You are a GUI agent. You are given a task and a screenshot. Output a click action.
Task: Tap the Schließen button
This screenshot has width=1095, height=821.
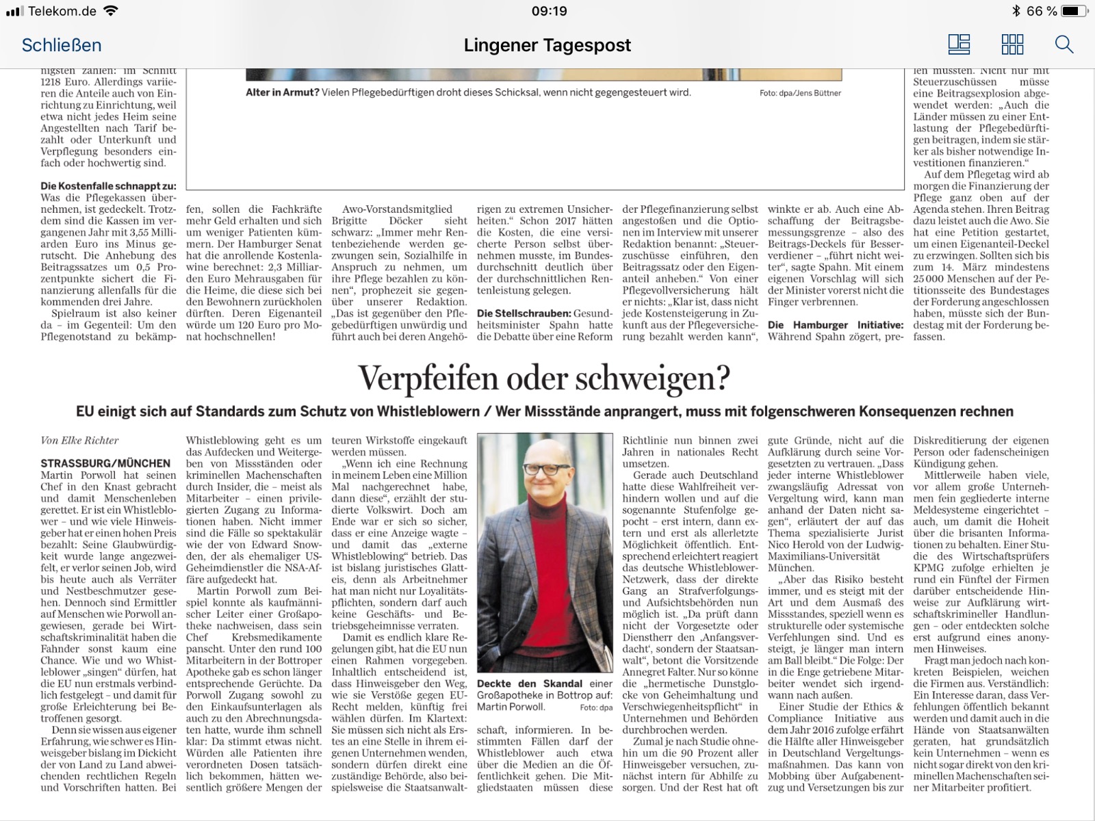[62, 45]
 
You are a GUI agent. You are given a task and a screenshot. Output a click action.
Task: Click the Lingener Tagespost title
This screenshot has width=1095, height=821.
[547, 45]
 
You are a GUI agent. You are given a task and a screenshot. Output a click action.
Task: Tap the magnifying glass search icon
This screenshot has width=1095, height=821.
[1064, 45]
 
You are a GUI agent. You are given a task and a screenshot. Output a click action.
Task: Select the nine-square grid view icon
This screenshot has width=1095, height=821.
[1012, 45]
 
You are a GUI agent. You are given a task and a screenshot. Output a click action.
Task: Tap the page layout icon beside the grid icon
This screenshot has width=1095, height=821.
[959, 45]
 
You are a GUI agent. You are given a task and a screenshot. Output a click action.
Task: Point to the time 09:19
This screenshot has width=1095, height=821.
[549, 11]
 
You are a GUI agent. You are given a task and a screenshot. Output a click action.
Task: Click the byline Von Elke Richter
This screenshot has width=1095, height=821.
[79, 441]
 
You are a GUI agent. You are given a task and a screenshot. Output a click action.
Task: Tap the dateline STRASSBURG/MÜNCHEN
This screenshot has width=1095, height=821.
[105, 463]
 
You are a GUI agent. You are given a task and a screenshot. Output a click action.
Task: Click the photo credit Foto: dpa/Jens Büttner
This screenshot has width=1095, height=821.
[800, 93]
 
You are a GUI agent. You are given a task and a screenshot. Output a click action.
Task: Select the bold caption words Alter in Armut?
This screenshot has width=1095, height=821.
[283, 92]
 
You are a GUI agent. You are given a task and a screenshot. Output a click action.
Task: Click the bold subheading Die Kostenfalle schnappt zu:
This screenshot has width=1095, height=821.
[108, 186]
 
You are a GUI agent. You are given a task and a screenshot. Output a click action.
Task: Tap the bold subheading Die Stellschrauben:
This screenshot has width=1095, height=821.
[524, 313]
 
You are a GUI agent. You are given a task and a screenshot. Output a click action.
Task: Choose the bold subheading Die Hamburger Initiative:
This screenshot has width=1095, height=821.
[835, 325]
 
